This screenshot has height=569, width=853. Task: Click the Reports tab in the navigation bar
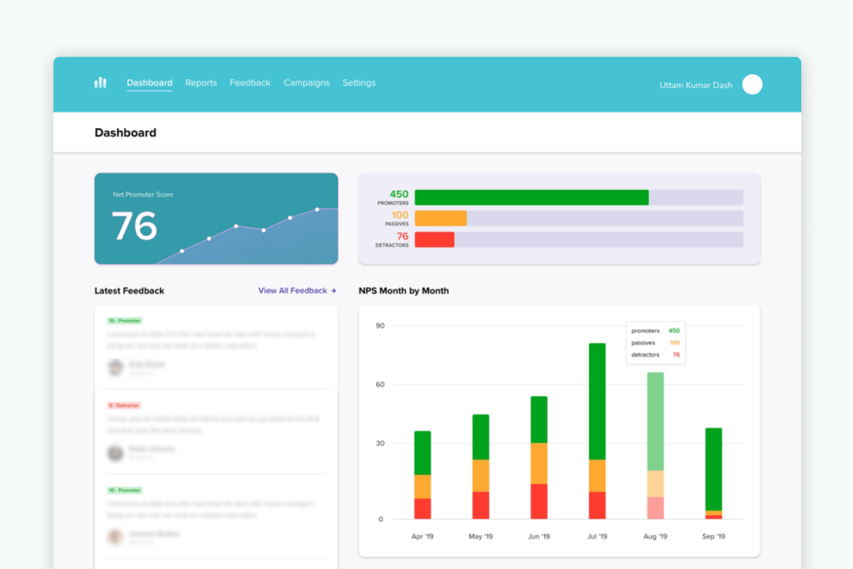click(x=201, y=83)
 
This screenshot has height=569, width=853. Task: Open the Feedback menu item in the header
click(x=250, y=83)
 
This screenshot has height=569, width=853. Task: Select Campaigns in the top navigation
click(x=306, y=83)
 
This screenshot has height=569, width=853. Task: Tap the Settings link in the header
click(x=359, y=83)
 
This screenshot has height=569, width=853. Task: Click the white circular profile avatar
click(x=752, y=85)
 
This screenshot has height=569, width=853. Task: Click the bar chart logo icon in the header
click(x=100, y=83)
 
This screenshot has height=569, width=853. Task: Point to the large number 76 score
click(x=134, y=226)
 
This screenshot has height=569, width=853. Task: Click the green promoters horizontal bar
click(x=531, y=197)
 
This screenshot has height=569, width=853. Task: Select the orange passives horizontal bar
click(x=440, y=218)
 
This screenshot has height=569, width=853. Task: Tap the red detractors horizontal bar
click(x=434, y=240)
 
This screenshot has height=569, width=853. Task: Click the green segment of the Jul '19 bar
click(x=597, y=401)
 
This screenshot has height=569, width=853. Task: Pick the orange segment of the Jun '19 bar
click(x=539, y=463)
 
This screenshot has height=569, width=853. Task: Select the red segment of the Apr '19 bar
click(x=422, y=509)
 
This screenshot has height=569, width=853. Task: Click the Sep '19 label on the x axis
click(x=713, y=536)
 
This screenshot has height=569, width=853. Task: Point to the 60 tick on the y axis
click(x=380, y=385)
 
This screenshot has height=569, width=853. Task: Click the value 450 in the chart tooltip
click(x=674, y=331)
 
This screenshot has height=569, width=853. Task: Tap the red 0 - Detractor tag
click(x=124, y=405)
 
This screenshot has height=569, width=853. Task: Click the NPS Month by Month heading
click(x=404, y=291)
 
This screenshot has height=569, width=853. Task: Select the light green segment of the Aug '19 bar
click(x=655, y=421)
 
